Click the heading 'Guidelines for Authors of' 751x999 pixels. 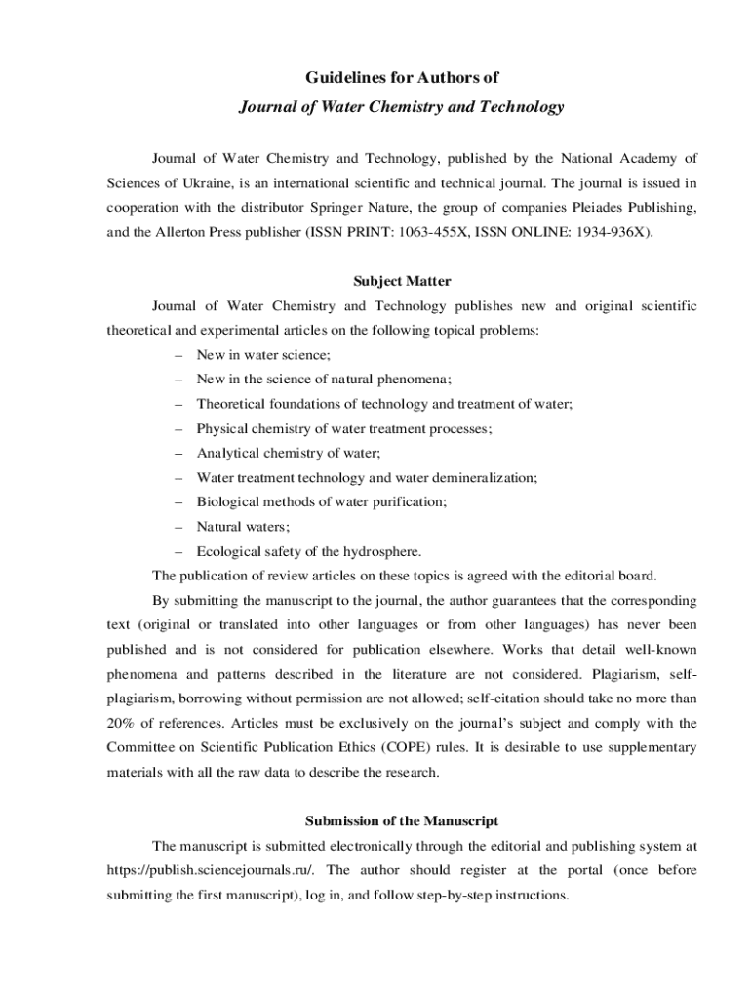pyautogui.click(x=402, y=77)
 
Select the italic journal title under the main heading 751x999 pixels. pyautogui.click(x=402, y=107)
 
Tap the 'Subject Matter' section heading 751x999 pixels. pyautogui.click(x=402, y=281)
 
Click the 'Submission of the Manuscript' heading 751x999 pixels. pyautogui.click(x=402, y=820)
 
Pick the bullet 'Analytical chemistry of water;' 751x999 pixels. pyautogui.click(x=289, y=453)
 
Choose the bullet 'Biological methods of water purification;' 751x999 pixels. pyautogui.click(x=322, y=501)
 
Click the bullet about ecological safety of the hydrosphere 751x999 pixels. pyautogui.click(x=309, y=550)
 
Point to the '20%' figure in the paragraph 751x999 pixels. pyautogui.click(x=121, y=723)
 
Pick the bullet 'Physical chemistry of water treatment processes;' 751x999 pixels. pyautogui.click(x=344, y=428)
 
